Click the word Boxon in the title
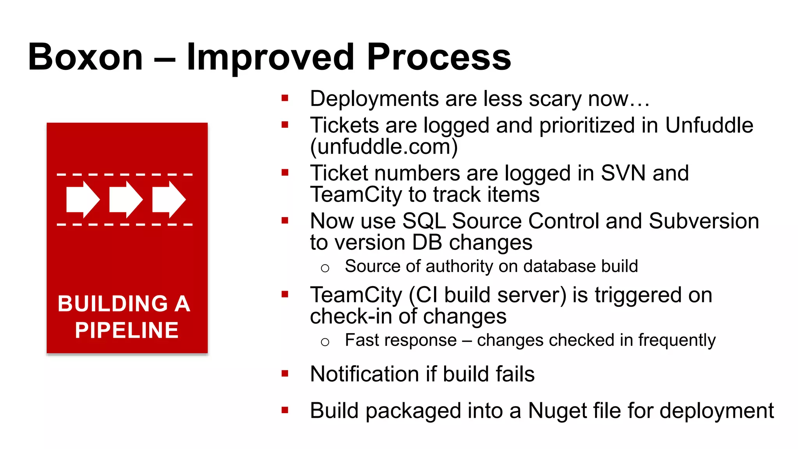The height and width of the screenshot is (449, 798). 85,57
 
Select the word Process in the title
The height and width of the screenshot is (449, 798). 439,57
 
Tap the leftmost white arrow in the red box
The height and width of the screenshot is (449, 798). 83,199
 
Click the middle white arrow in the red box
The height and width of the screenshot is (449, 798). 125,199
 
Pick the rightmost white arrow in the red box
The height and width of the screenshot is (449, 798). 168,199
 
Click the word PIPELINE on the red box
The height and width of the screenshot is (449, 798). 127,331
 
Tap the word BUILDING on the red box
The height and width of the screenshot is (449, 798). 113,304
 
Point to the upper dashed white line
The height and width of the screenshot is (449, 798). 125,175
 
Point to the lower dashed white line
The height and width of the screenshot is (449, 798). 125,225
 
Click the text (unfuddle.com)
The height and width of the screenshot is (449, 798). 384,147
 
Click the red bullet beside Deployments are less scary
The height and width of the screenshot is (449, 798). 285,98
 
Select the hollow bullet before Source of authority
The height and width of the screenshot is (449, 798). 325,268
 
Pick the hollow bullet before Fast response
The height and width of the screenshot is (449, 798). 325,342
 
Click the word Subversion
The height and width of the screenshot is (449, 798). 704,221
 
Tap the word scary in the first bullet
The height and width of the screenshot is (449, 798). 555,99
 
